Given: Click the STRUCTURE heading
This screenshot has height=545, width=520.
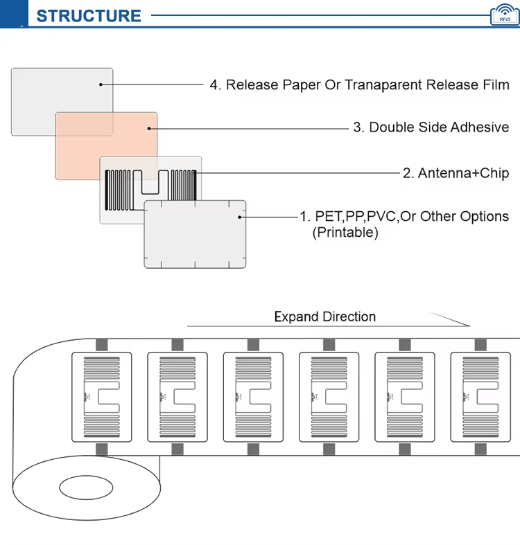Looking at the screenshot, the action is (89, 16).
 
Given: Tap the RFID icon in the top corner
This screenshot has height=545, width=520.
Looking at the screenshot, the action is (505, 15).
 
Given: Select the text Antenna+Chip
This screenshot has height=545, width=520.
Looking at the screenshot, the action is (463, 173).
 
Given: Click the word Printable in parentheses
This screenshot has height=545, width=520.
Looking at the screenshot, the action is (345, 233).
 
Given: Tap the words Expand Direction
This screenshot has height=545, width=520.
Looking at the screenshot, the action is (325, 316).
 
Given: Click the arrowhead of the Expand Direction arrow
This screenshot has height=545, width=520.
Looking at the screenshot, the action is (469, 325).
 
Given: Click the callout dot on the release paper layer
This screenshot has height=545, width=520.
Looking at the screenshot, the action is (101, 84).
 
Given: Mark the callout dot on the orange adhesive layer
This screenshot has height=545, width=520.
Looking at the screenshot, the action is (149, 129).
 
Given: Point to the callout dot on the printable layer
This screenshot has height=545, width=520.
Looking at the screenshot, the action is (239, 217).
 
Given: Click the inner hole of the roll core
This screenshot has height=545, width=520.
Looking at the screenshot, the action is (86, 488).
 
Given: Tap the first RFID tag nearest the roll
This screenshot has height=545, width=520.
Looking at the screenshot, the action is (102, 397).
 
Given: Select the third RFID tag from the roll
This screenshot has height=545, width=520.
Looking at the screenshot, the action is (253, 397).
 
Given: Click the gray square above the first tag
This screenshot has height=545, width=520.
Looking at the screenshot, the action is (102, 345).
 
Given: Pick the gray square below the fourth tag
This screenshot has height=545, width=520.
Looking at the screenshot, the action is (329, 449).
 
